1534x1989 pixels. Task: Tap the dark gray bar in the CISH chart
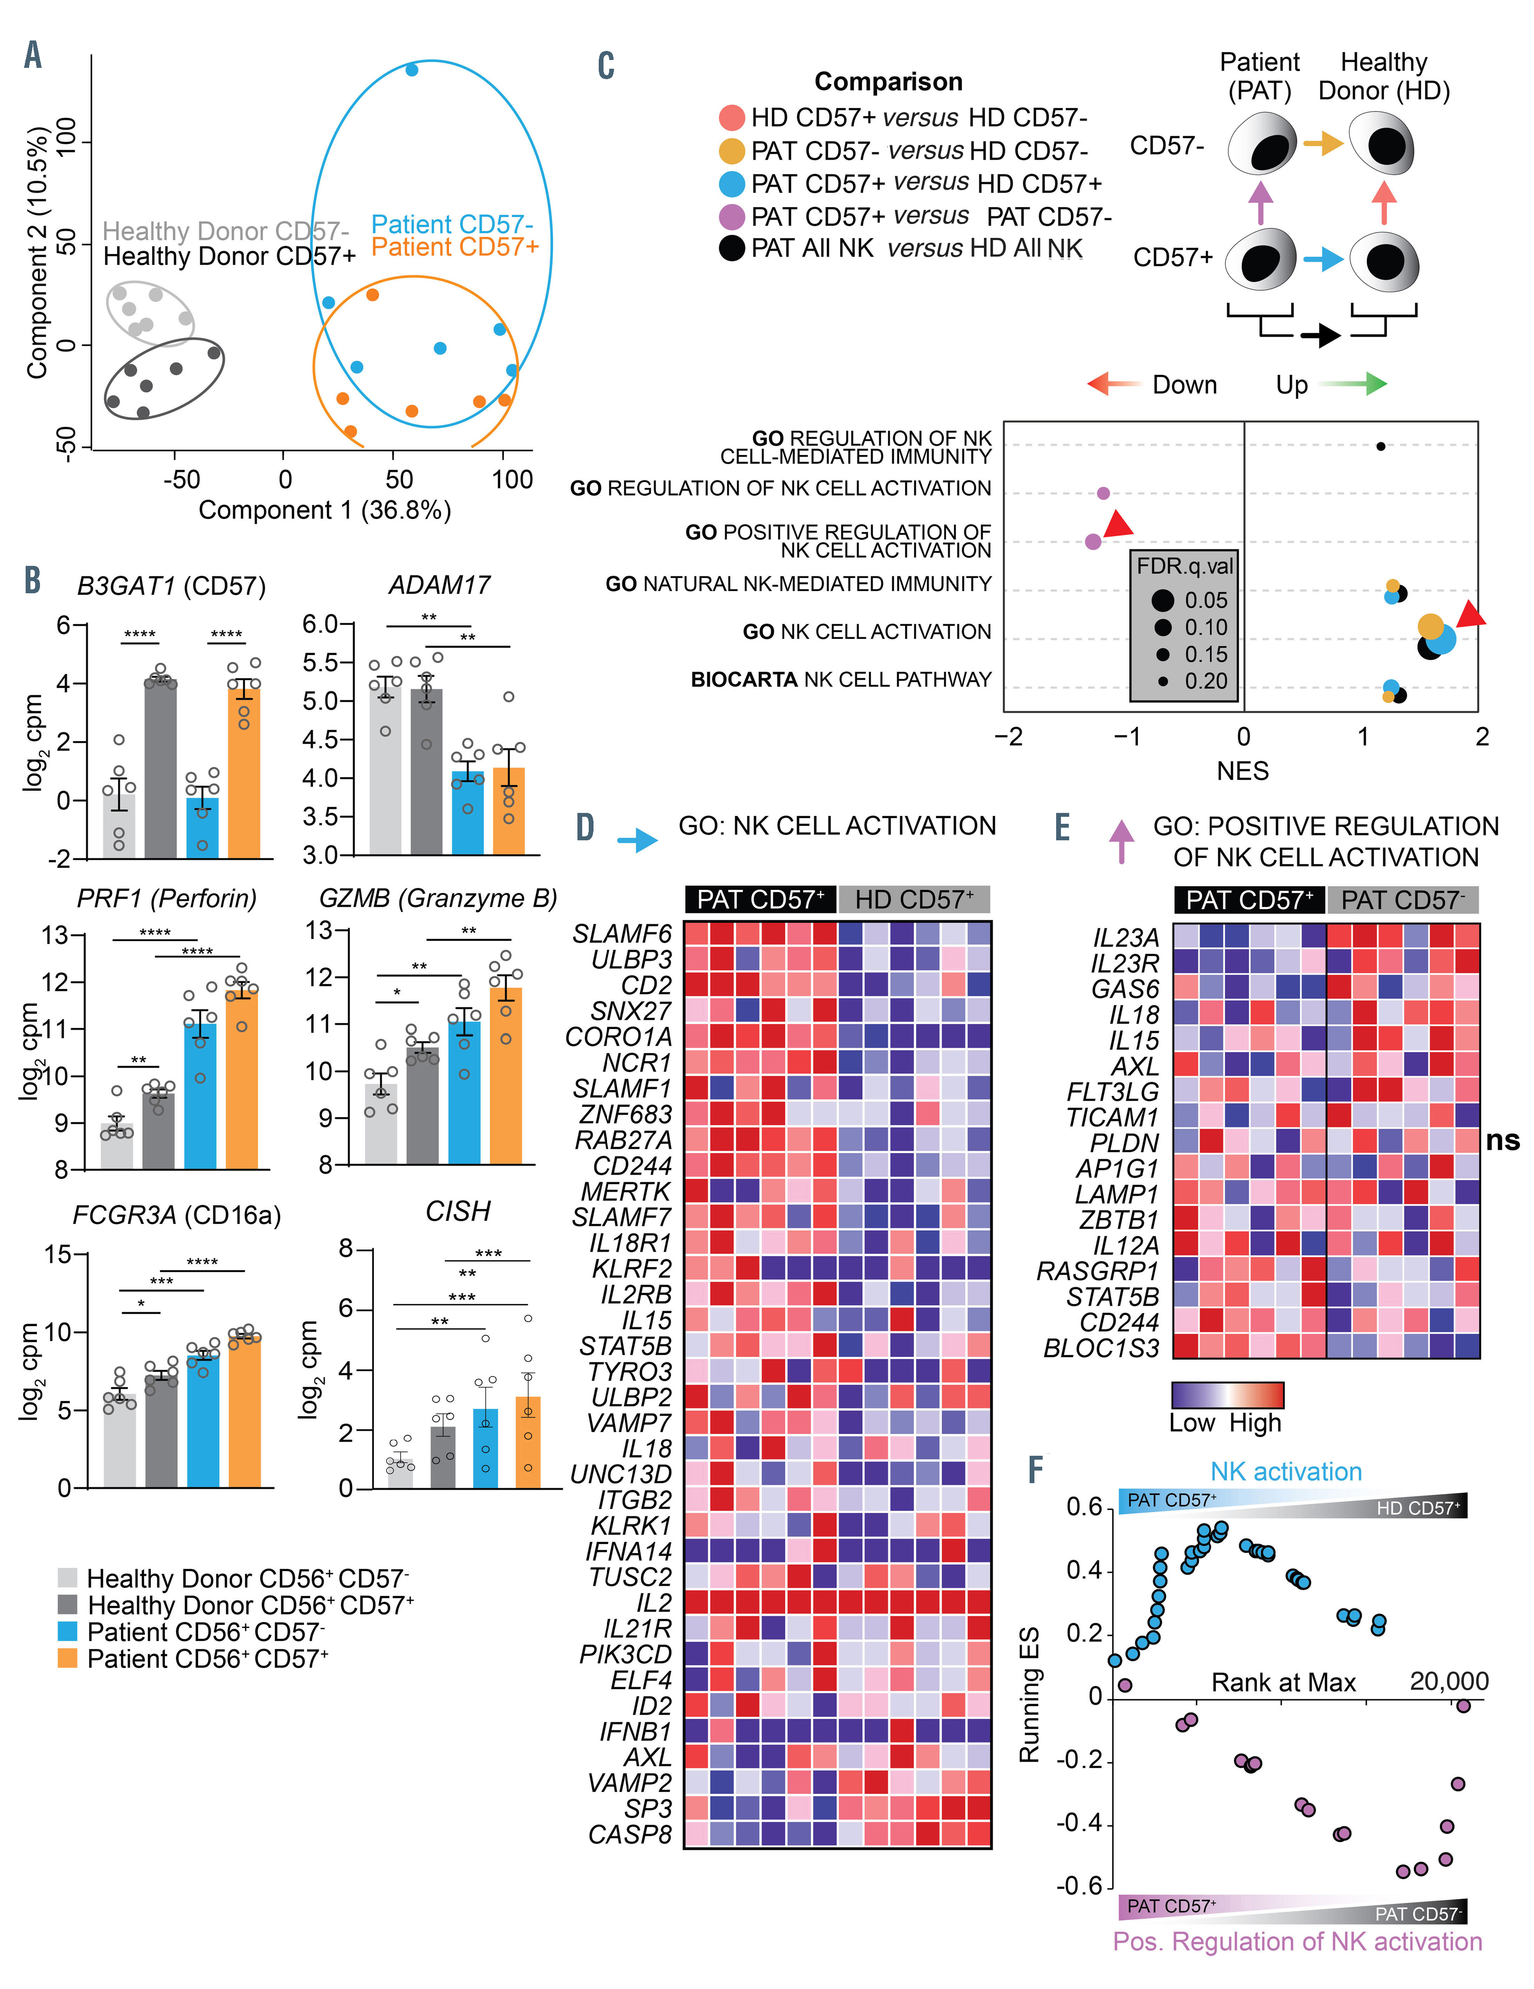pos(444,1457)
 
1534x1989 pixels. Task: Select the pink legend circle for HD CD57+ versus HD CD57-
pos(732,117)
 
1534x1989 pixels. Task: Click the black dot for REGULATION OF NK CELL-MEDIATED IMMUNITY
pos(1381,446)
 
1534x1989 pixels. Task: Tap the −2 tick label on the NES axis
pos(1009,737)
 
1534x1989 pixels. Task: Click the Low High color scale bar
pos(1227,1395)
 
